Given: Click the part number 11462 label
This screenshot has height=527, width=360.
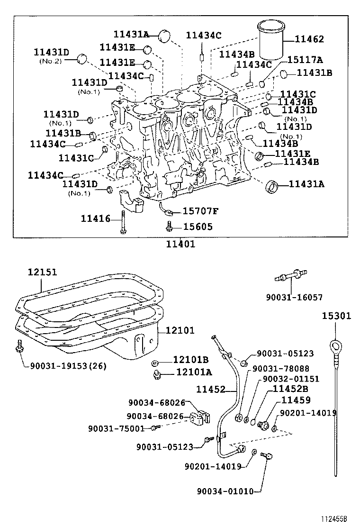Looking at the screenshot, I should coord(309,39).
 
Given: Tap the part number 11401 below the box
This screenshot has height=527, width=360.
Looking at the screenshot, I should coord(180,244).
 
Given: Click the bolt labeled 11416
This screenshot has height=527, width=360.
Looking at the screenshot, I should coord(123,222).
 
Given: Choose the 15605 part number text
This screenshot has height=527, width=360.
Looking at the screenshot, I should coord(198,227).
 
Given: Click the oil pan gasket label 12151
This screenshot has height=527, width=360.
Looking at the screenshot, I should coord(42,272).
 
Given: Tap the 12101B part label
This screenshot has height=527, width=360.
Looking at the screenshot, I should coord(191,360).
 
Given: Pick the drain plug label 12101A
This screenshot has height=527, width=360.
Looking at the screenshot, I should coord(194,373).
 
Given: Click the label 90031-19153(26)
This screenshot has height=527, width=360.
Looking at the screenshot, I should coord(68,365).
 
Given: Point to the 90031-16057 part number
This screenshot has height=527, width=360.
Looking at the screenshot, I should coord(294,297).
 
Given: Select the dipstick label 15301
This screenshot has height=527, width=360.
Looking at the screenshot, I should coord(337,316).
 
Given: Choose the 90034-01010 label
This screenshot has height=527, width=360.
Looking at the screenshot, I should coord(225,491).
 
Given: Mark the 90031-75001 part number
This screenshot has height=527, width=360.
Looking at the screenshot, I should coord(116,428).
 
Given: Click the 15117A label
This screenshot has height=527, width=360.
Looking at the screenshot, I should coord(305,60).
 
